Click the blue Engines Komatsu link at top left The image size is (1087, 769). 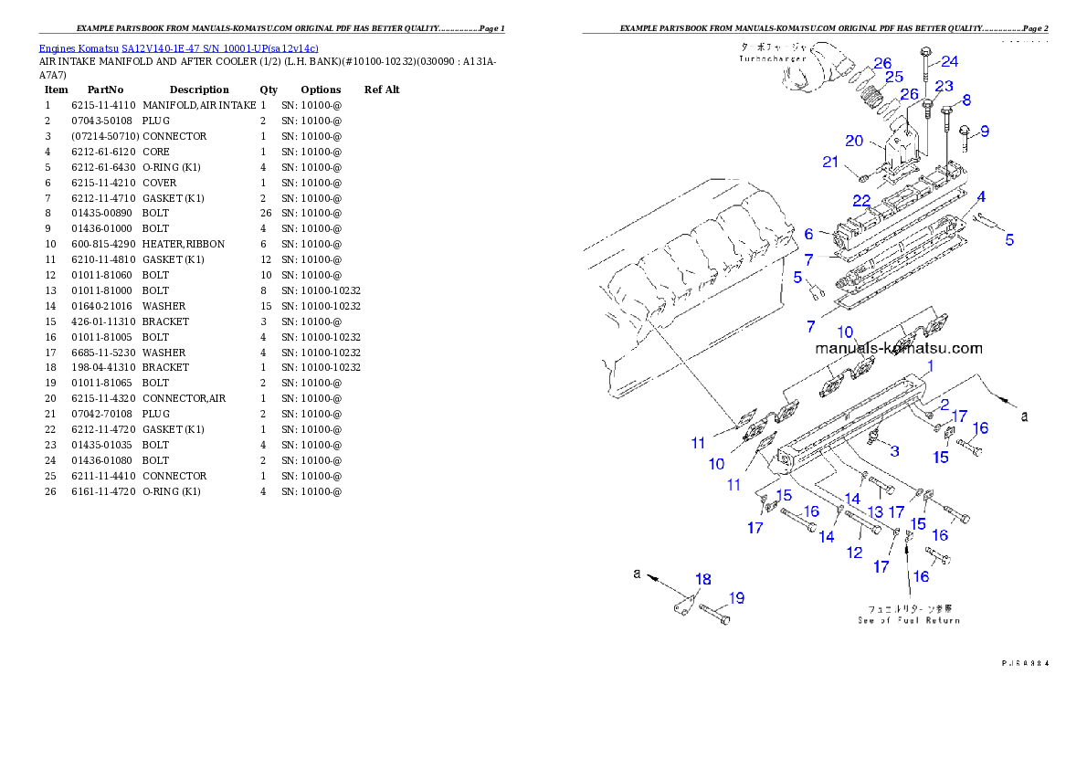point(178,48)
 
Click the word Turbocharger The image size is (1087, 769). point(773,58)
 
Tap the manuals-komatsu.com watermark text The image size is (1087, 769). point(899,348)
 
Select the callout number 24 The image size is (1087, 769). point(950,62)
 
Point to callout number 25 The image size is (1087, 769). point(893,77)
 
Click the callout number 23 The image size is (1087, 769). point(944,86)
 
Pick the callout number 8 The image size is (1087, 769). point(966,100)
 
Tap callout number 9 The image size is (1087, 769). point(985,131)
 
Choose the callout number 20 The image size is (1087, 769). point(854,141)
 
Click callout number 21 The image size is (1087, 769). point(830,163)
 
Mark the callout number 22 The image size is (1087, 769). point(860,201)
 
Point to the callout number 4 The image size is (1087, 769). point(979,196)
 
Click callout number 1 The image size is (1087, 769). point(930,367)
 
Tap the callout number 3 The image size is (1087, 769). point(894,450)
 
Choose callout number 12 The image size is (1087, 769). point(854,553)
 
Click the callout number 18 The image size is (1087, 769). point(702,579)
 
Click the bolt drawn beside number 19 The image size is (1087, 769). point(713,616)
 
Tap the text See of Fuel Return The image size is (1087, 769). point(908,620)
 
